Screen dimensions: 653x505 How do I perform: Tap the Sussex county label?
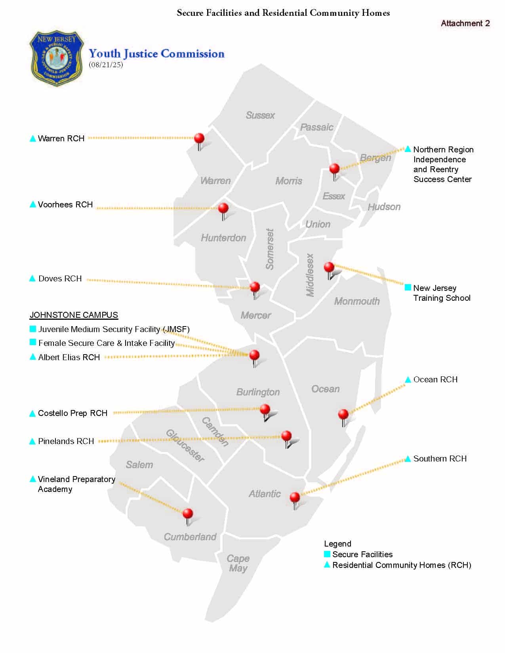(x=260, y=115)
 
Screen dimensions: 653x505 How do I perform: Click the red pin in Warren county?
(x=199, y=139)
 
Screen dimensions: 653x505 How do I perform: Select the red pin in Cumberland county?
(x=188, y=514)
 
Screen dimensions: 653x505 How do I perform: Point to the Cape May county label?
(x=238, y=564)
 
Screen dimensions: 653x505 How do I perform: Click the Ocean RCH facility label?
(x=435, y=380)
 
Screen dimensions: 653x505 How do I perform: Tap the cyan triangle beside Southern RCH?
(x=408, y=459)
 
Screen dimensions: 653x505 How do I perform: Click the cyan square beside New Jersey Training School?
(x=408, y=287)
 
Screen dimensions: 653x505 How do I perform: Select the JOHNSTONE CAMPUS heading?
(x=74, y=315)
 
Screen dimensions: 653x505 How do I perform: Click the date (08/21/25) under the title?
(x=106, y=65)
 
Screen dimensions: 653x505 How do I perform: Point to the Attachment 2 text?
(x=465, y=23)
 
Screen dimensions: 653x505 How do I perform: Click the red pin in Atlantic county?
(x=295, y=497)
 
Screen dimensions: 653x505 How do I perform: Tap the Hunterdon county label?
(x=223, y=238)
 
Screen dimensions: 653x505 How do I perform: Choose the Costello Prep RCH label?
(x=72, y=413)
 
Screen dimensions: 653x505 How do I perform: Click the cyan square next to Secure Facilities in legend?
(x=327, y=554)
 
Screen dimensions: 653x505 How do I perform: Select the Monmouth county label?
(x=357, y=301)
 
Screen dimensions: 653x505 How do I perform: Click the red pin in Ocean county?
(x=343, y=414)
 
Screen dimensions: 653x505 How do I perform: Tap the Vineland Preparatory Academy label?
(x=76, y=484)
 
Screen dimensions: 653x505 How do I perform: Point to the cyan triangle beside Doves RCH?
(x=32, y=279)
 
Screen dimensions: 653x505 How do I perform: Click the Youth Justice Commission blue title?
(x=156, y=54)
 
